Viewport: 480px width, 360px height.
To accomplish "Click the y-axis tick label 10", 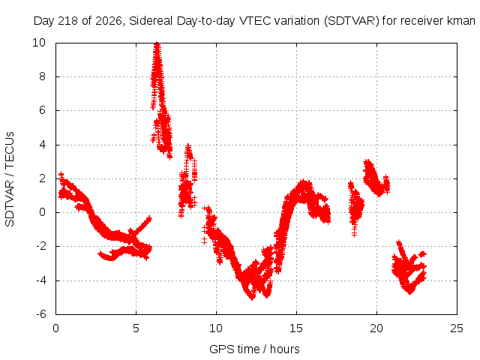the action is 39,43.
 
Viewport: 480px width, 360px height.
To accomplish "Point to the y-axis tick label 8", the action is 42,76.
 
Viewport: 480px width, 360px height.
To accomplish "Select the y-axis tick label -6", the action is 40,314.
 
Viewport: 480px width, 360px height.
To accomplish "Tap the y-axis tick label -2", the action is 40,246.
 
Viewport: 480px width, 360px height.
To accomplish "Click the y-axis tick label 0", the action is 42,212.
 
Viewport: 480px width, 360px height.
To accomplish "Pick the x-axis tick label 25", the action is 457,328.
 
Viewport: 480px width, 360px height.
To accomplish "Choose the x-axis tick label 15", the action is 296,328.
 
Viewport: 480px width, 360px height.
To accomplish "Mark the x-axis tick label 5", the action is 136,328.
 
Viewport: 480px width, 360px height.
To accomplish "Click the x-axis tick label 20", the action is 376,328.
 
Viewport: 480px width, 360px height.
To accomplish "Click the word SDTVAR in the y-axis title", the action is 10,203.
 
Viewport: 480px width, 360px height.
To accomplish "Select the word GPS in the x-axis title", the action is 220,349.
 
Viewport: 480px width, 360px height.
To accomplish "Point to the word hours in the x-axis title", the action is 285,349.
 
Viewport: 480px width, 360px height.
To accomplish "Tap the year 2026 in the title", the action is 109,21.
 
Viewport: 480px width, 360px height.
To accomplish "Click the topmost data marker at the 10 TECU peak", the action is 157,43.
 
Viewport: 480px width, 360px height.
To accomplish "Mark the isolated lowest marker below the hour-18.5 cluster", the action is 355,234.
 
